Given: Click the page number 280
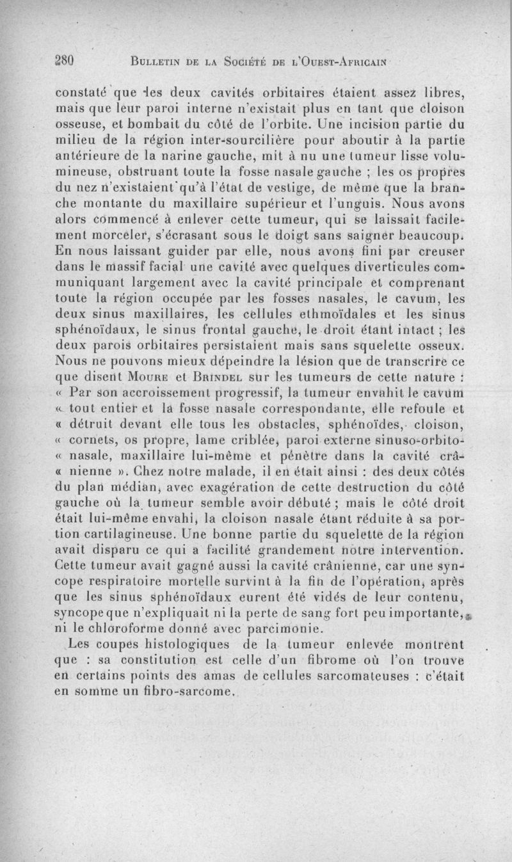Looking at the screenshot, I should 66,61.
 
